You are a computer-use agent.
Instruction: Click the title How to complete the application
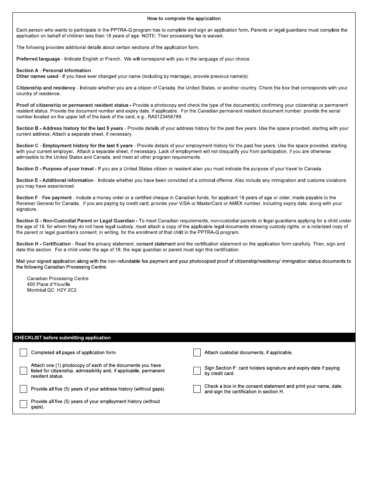pos(184,19)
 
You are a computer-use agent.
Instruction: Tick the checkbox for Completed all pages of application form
pos(24,353)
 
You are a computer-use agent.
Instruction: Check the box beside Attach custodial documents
pos(197,353)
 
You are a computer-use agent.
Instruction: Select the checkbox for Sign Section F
pos(197,371)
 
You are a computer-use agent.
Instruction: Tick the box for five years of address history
pos(24,389)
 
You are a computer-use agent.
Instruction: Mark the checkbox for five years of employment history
pos(24,404)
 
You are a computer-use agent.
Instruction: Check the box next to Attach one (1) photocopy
pos(24,371)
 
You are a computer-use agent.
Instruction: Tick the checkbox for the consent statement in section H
pos(197,389)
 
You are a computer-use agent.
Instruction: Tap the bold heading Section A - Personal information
pos(53,71)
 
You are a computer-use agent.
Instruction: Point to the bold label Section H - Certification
pos(43,244)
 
